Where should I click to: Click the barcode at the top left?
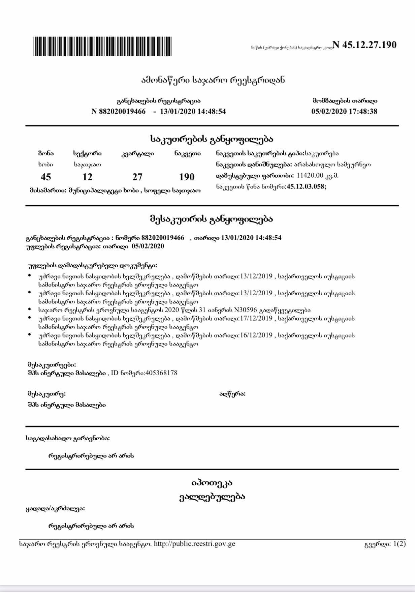[x=102, y=47]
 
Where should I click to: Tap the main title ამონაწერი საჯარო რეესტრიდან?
[x=213, y=80]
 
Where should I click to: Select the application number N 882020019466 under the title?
[x=119, y=111]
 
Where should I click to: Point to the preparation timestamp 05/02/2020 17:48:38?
[x=344, y=111]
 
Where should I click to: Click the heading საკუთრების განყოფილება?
[x=212, y=139]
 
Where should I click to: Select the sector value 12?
[x=87, y=177]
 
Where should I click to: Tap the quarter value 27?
[x=137, y=177]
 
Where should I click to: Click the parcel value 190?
[x=187, y=177]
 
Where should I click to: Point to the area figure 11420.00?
[x=310, y=175]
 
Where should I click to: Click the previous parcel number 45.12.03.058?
[x=306, y=186]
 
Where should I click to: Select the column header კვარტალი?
[x=137, y=154]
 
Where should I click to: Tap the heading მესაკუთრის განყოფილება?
[x=212, y=219]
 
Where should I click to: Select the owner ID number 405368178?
[x=161, y=373]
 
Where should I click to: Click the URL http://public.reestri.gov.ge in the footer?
[x=194, y=543]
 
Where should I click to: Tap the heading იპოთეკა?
[x=212, y=483]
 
